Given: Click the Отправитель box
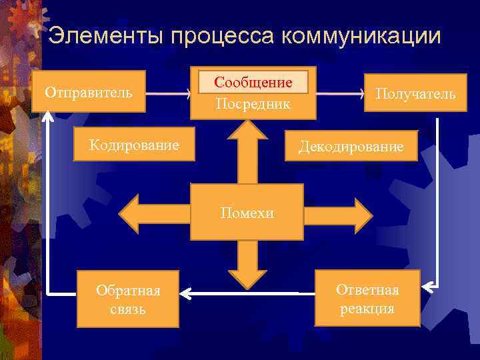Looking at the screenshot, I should [x=89, y=91].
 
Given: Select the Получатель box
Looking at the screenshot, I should [x=415, y=94].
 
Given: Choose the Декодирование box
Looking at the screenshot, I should [x=351, y=146].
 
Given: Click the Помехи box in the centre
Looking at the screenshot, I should [x=247, y=213].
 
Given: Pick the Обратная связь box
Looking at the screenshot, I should [x=128, y=299].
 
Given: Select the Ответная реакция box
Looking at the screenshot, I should [x=367, y=299].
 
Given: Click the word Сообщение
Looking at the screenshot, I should [x=253, y=83].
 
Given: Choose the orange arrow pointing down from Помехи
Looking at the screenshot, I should [x=247, y=263].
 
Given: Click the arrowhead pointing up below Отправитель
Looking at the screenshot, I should [x=47, y=116].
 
